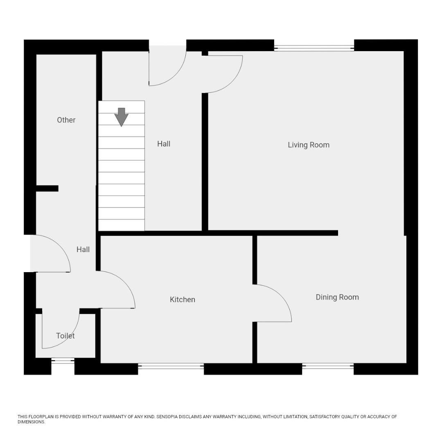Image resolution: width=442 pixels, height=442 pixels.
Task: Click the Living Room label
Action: point(308,145)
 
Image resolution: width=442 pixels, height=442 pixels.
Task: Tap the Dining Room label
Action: point(337,298)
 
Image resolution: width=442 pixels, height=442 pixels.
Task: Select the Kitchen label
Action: point(182,300)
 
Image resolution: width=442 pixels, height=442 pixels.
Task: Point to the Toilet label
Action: point(65,336)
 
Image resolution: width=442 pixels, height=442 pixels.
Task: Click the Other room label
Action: point(66,120)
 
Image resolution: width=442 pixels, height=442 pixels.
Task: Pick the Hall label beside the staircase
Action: point(164,144)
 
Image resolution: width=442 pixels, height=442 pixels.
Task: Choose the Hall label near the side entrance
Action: point(83,250)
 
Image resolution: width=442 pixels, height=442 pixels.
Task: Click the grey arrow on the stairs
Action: point(121,117)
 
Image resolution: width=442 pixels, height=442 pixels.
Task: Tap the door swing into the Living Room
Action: point(225,76)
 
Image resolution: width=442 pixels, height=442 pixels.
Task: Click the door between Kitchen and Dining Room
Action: point(272,303)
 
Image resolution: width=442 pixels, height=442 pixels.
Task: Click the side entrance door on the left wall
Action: point(51,254)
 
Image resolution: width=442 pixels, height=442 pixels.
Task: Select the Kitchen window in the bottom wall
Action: point(171,367)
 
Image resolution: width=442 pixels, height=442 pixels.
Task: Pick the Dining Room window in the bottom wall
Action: point(328,367)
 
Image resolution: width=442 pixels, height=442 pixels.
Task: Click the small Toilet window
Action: point(63,361)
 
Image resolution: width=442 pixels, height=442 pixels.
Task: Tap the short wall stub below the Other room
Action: point(47,189)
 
